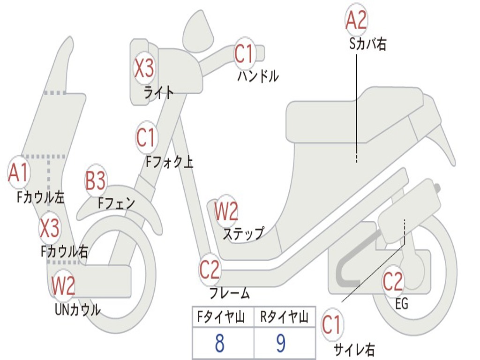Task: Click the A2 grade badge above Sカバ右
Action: click(x=356, y=20)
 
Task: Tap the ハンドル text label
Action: click(x=258, y=75)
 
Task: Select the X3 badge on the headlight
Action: click(x=144, y=68)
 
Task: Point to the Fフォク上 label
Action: click(x=169, y=162)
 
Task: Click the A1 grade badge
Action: click(x=19, y=173)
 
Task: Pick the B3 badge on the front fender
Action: click(x=96, y=181)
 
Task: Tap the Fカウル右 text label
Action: click(x=64, y=252)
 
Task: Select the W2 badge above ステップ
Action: click(x=226, y=211)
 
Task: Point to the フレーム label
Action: click(x=229, y=293)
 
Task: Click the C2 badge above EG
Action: click(x=393, y=281)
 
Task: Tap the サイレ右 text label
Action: click(x=354, y=349)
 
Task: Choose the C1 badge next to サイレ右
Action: click(x=332, y=325)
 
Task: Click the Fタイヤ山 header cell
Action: click(x=223, y=317)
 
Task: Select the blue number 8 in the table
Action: click(x=219, y=344)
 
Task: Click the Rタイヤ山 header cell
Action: click(x=284, y=317)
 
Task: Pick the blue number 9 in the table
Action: click(x=281, y=344)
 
